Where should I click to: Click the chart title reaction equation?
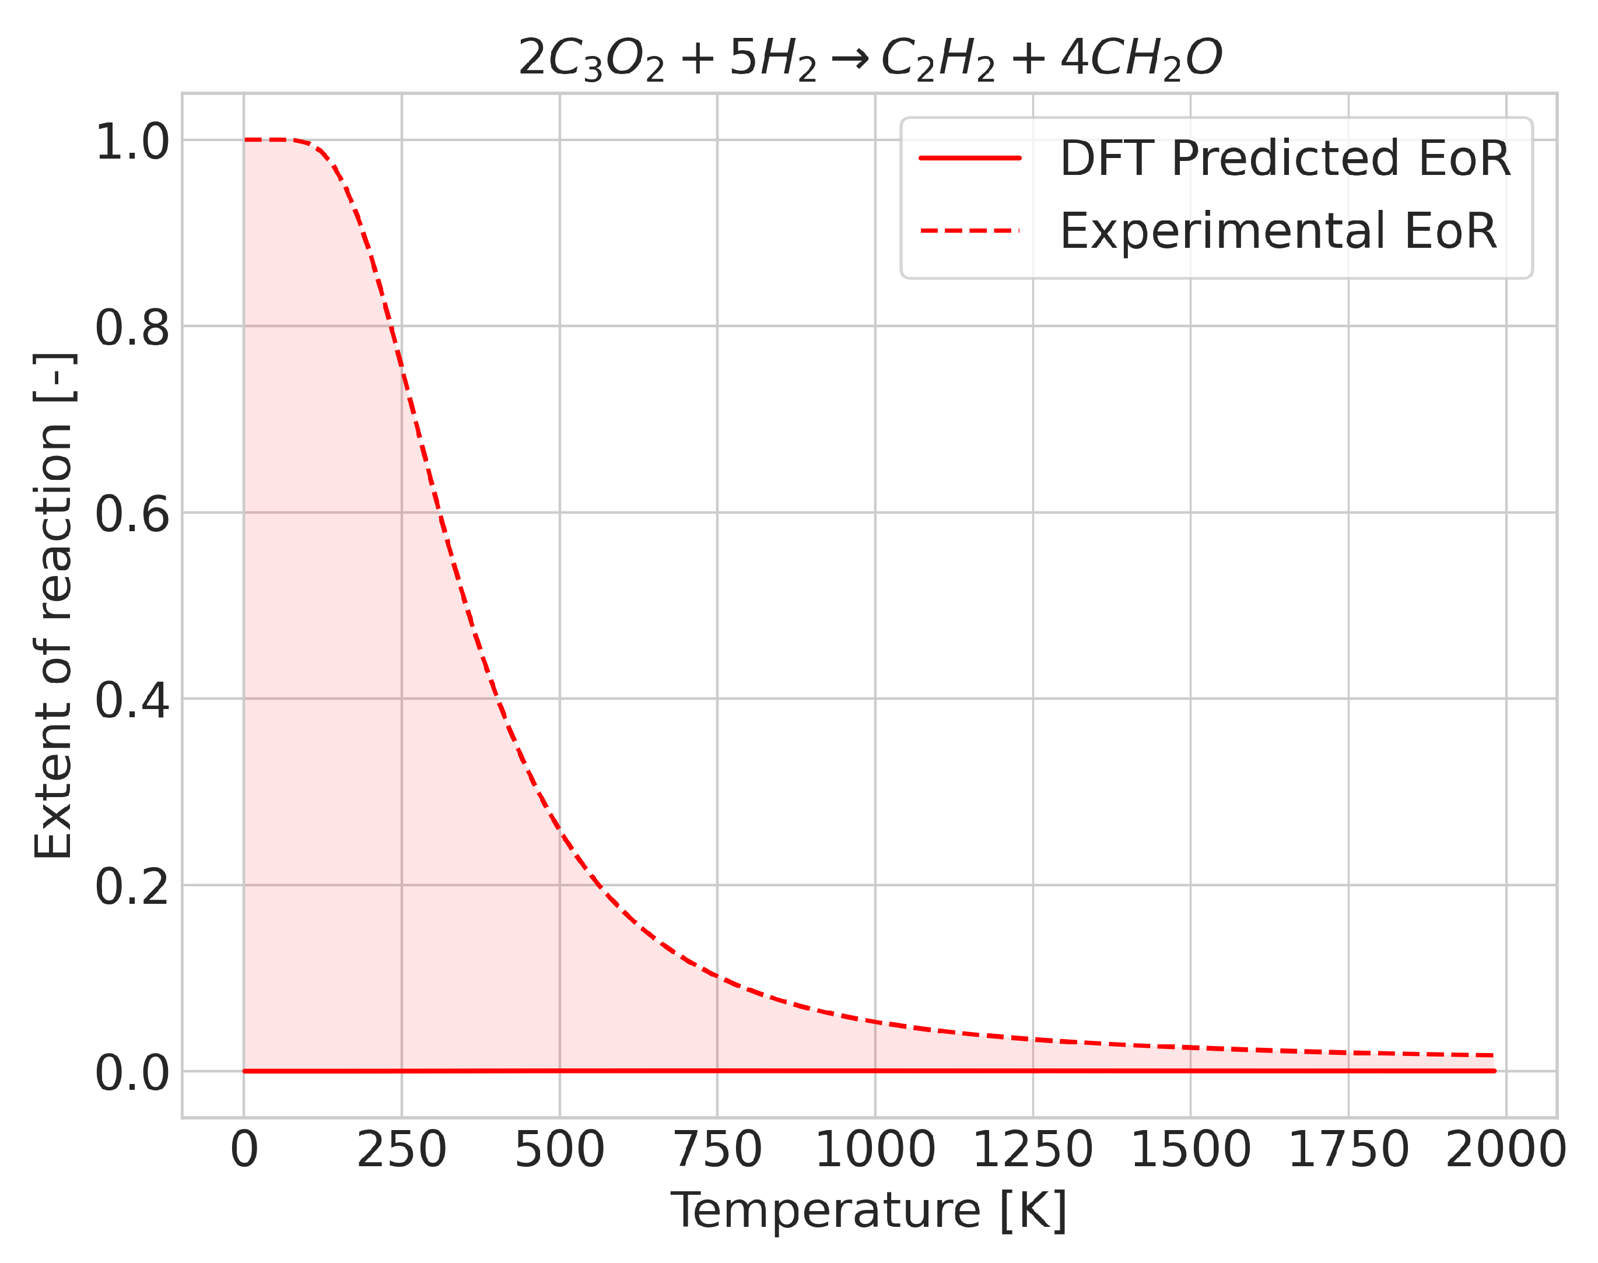pos(870,58)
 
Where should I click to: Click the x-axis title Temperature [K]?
pos(868,1211)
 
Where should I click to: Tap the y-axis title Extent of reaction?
pos(53,606)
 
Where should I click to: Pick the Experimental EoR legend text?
pos(1278,231)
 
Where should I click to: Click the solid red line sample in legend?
pos(970,158)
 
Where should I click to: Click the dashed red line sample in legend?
pos(970,231)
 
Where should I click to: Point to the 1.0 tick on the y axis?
pos(132,141)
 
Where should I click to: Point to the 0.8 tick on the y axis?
pos(132,328)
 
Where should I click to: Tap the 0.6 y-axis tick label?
pos(132,514)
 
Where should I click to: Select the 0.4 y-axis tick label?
pos(132,700)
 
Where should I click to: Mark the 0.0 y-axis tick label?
pos(132,1072)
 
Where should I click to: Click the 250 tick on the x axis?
pos(401,1150)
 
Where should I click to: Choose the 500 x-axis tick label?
pos(560,1150)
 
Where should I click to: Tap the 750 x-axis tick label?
pos(717,1150)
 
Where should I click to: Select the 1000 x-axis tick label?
pos(875,1150)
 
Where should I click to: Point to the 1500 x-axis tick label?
pos(1190,1150)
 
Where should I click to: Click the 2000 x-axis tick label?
pos(1506,1150)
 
